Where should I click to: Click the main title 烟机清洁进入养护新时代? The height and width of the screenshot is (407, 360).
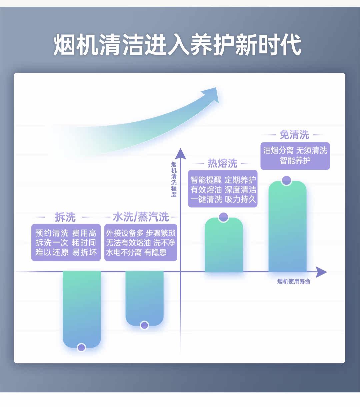click(177, 44)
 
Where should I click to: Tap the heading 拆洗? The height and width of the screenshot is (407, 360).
click(65, 217)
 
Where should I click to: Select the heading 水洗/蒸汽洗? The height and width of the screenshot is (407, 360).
click(141, 217)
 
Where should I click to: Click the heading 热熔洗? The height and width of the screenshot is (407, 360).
click(222, 163)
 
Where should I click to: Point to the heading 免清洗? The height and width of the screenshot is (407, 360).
click(294, 135)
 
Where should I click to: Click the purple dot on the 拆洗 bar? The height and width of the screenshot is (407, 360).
click(81, 348)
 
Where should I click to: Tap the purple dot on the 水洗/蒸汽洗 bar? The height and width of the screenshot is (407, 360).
click(144, 325)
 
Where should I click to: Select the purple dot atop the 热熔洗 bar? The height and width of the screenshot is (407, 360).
click(223, 217)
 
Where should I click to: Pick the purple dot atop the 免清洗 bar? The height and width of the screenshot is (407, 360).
click(286, 180)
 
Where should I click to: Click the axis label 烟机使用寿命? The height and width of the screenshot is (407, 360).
click(294, 282)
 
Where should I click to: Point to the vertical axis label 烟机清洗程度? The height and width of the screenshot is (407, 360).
click(174, 179)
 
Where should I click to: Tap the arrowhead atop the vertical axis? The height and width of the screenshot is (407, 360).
click(180, 153)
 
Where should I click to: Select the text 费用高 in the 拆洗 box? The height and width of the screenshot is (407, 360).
click(84, 233)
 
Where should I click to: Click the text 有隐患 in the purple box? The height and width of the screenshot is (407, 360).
click(155, 253)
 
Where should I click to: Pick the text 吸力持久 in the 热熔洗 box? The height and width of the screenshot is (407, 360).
click(240, 199)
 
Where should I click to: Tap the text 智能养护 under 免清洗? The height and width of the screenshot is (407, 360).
click(295, 160)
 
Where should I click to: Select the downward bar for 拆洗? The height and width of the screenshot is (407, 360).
click(82, 307)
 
